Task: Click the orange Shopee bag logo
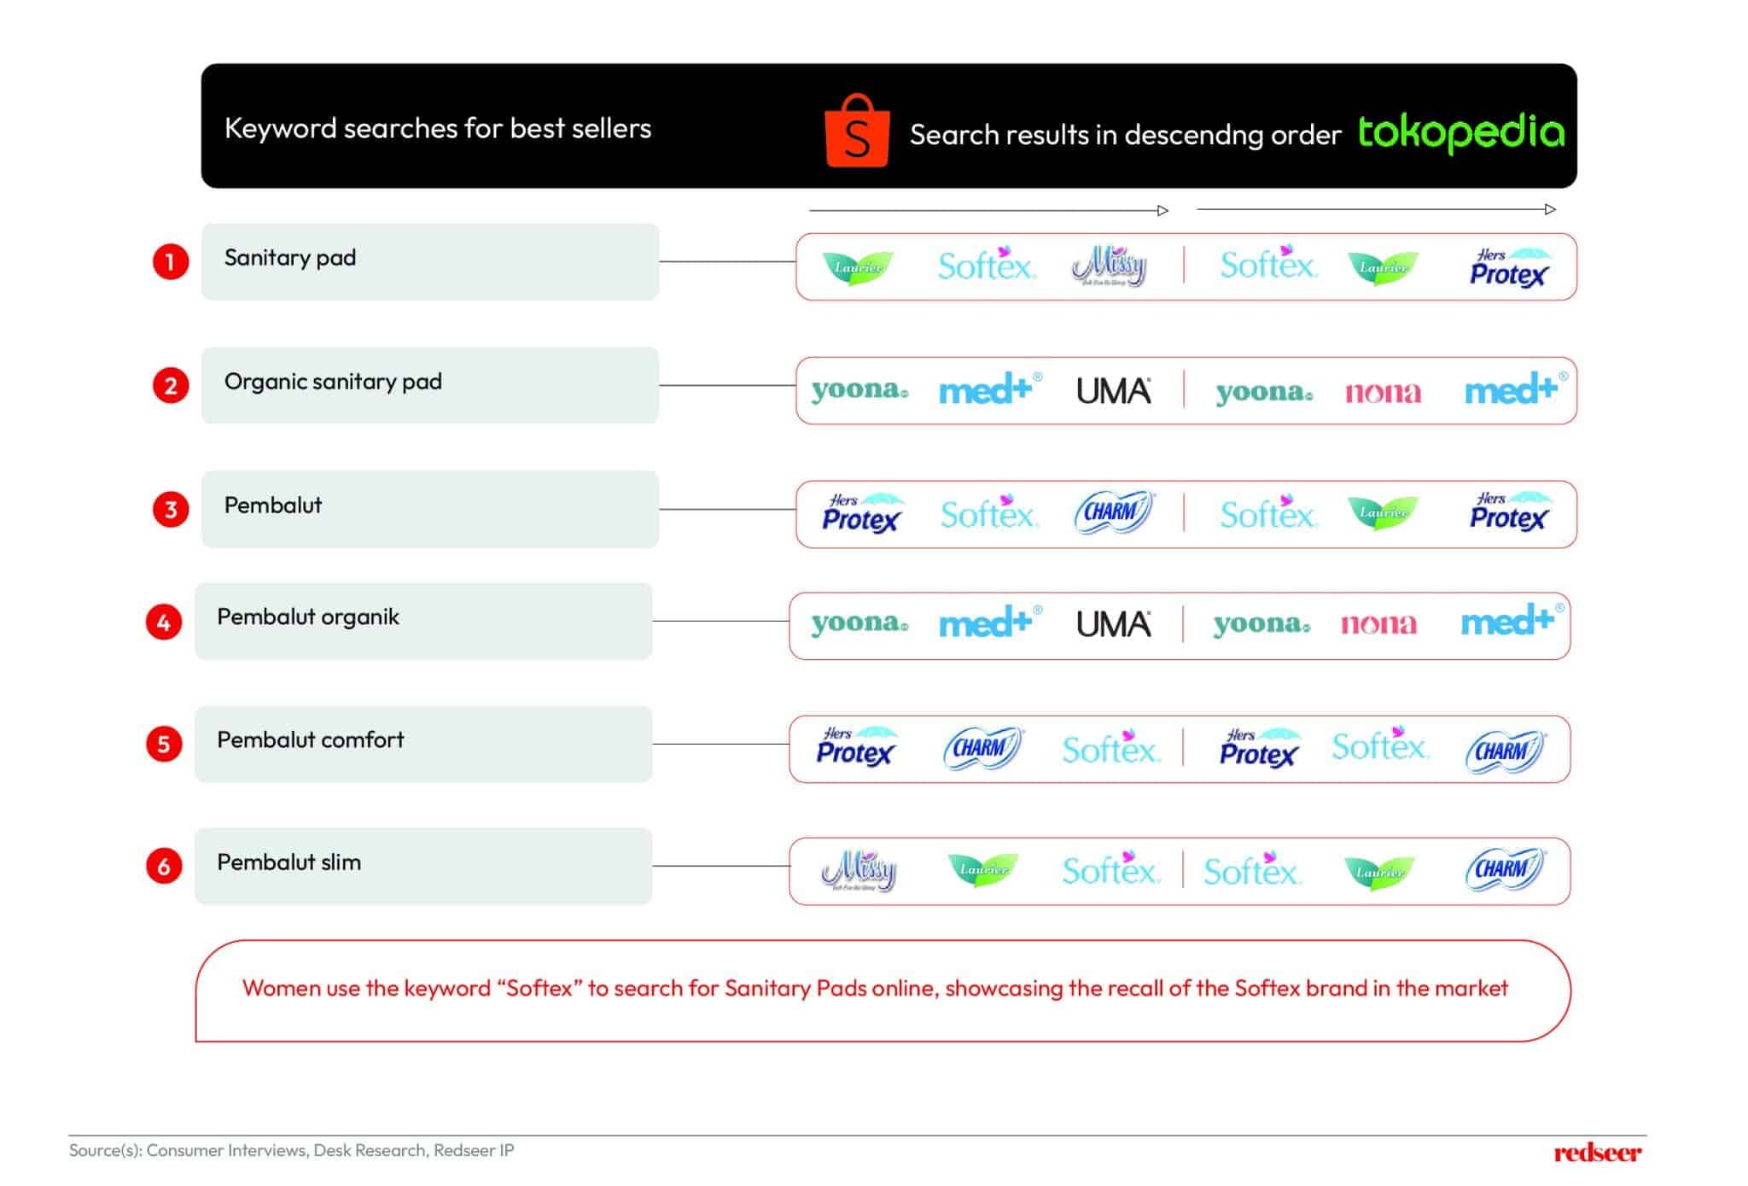(857, 131)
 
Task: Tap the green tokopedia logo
(1460, 132)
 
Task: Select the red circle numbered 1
(171, 261)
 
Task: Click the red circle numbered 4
(164, 622)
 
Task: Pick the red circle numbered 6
(164, 867)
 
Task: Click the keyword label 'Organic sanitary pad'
(333, 382)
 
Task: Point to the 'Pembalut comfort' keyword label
(310, 740)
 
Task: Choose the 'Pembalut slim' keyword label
(288, 862)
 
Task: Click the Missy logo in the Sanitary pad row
(1110, 266)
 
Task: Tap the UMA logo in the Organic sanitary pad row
(1113, 391)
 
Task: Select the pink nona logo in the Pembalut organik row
(1378, 624)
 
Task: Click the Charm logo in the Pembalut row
(1113, 513)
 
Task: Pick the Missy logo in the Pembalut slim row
(859, 871)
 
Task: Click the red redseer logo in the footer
(1597, 1153)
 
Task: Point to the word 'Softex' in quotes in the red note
(539, 989)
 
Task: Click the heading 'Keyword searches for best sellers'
(437, 128)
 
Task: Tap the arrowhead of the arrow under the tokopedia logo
(1550, 209)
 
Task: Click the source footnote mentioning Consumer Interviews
(291, 1150)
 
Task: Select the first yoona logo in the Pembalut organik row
(859, 622)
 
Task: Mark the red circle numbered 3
(171, 510)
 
